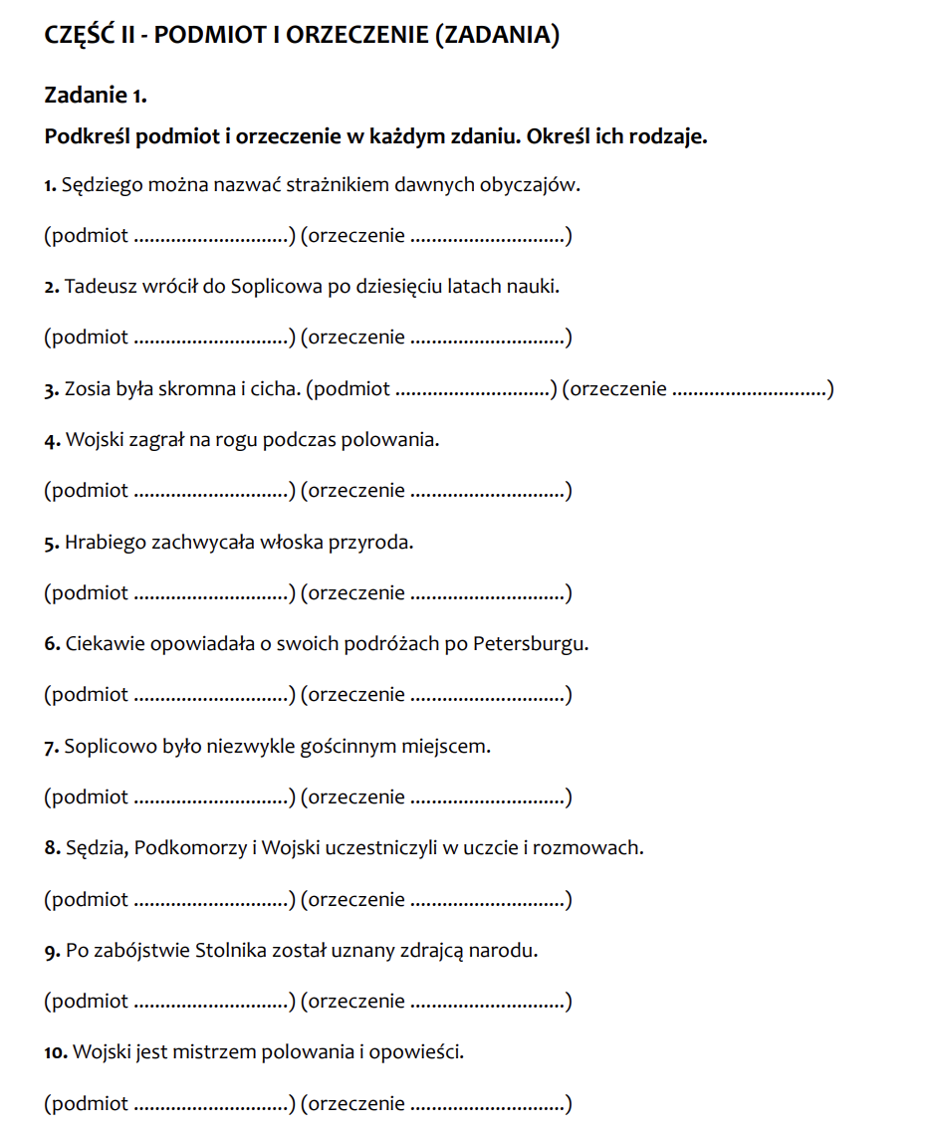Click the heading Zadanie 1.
point(96,96)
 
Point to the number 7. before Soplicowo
point(52,747)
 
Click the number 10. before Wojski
point(57,1052)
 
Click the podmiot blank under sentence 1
point(210,238)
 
